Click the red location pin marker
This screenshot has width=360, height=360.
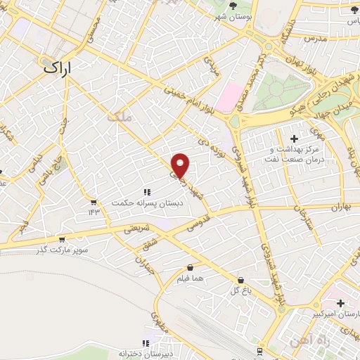[181, 165]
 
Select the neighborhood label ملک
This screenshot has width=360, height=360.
[120, 117]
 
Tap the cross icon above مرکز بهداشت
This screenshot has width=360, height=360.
[294, 139]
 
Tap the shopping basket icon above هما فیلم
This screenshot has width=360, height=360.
[191, 267]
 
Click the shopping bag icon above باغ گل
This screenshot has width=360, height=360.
[240, 279]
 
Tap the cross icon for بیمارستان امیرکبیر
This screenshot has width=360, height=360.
[341, 303]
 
